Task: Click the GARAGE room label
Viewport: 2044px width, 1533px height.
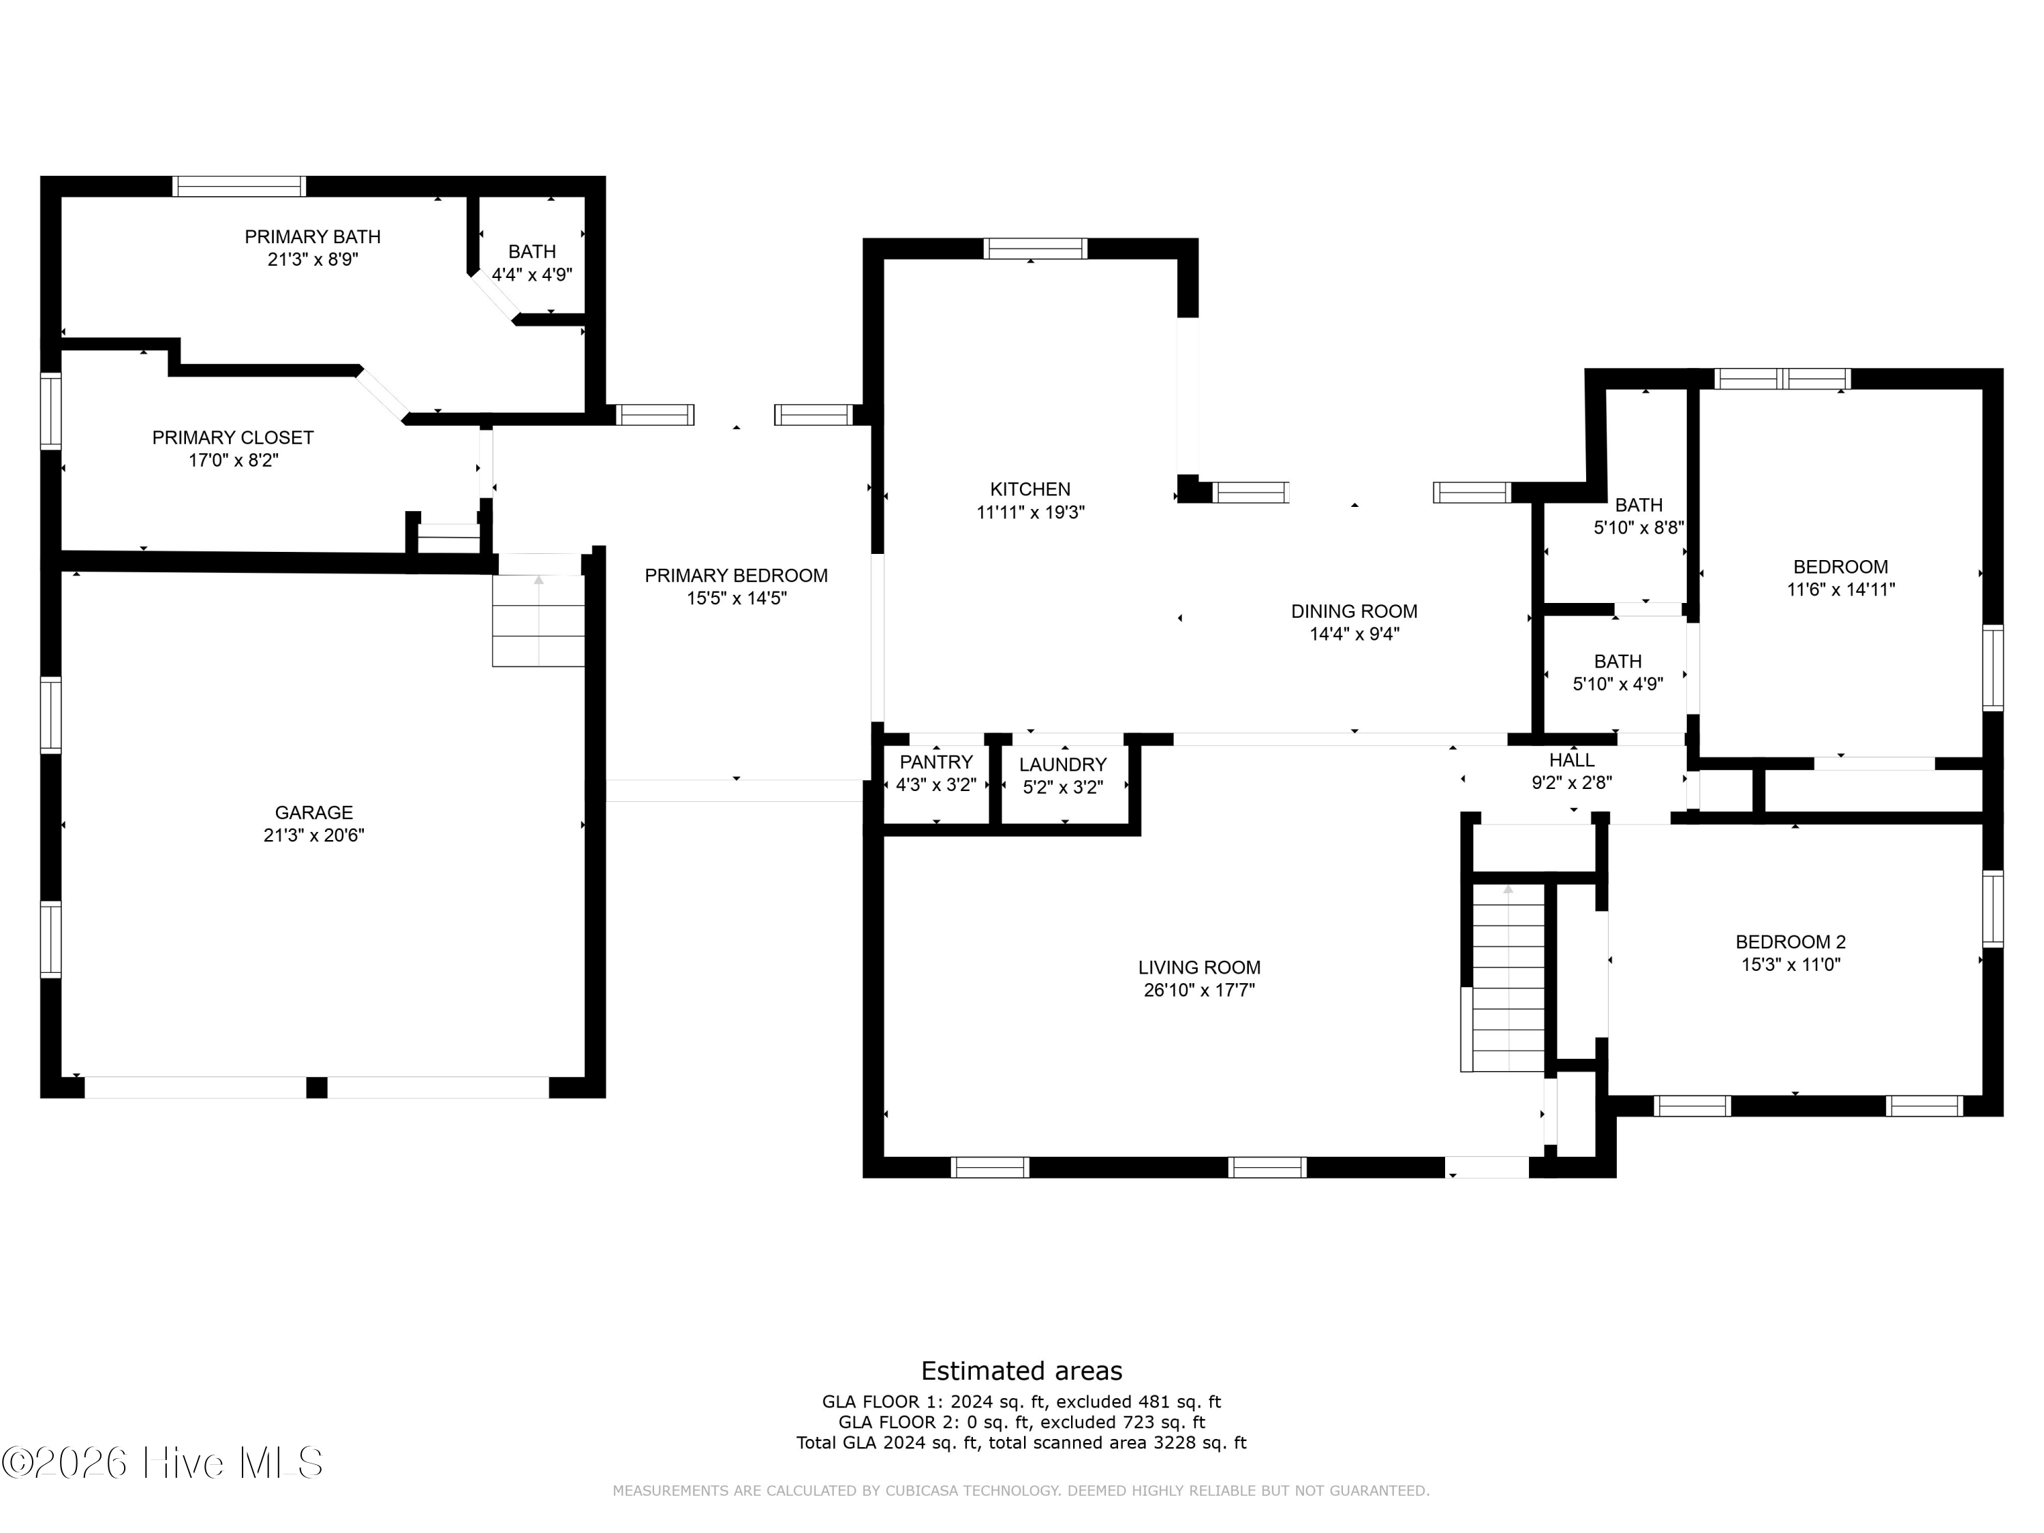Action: click(313, 812)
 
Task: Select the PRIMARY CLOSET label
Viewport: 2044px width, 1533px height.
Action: click(233, 437)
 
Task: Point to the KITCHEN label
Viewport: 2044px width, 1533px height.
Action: click(1030, 489)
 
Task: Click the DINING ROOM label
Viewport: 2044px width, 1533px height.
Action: click(1354, 610)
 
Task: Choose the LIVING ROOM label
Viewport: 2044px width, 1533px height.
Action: click(1199, 967)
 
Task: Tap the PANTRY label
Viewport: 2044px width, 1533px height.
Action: click(936, 762)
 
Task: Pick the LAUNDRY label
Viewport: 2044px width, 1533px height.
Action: click(1063, 764)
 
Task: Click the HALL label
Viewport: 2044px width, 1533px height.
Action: click(1572, 760)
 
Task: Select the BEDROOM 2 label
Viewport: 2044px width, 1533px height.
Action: click(1791, 942)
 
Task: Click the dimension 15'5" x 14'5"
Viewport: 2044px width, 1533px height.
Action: click(737, 598)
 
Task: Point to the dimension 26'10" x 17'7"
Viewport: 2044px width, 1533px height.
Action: click(1199, 991)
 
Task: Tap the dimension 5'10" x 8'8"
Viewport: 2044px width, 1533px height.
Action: click(1639, 527)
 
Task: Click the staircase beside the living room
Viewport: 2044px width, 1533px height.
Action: click(1508, 978)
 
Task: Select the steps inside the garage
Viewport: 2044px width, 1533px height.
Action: click(538, 620)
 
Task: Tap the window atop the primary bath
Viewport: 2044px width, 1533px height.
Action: click(239, 186)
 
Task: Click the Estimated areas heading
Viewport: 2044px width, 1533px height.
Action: click(1021, 1370)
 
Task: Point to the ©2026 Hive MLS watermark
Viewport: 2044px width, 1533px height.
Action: click(163, 1463)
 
